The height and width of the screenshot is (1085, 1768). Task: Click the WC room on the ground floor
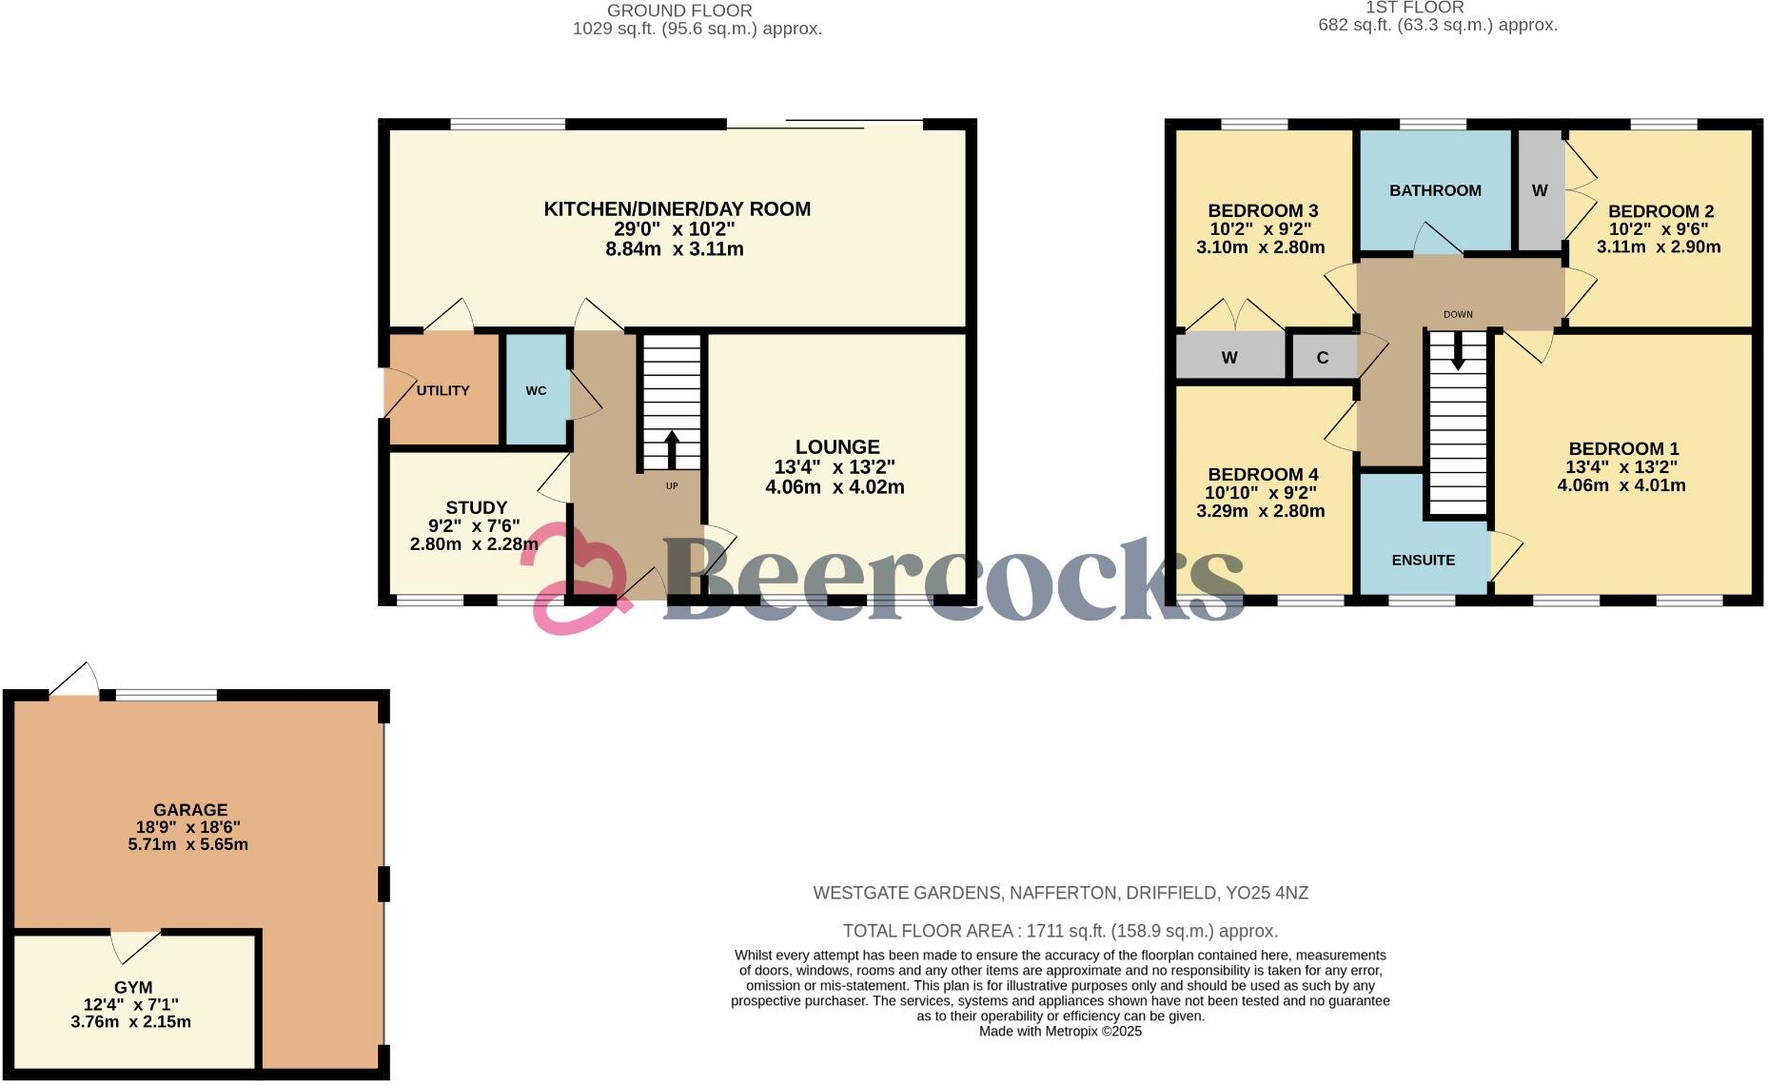[536, 390]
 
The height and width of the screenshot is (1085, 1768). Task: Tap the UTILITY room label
[442, 390]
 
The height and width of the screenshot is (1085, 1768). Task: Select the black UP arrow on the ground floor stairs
[672, 450]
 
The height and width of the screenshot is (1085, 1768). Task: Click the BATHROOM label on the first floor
[1435, 190]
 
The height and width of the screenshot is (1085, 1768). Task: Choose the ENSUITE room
[1423, 560]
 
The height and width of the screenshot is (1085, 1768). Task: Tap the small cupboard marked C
[1322, 358]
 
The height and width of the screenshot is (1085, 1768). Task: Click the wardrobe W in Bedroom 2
[1539, 190]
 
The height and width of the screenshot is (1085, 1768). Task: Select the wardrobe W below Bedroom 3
[1229, 358]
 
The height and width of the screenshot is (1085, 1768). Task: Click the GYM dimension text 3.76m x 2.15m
[131, 1022]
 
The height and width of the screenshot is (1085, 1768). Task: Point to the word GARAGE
[191, 810]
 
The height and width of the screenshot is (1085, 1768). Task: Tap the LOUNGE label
[837, 446]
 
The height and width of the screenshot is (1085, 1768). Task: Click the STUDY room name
[476, 507]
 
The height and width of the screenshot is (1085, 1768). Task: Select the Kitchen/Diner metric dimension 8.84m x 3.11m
[675, 249]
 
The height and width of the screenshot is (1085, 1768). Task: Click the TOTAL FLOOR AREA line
[1060, 931]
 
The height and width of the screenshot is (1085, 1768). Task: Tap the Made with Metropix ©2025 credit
[1060, 1031]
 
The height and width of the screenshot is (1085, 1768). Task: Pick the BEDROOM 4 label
[1263, 474]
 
